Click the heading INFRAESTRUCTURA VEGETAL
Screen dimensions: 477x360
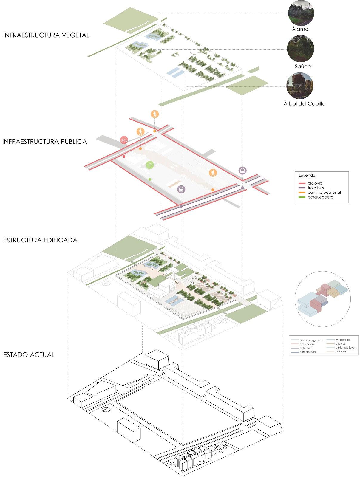(x=46, y=35)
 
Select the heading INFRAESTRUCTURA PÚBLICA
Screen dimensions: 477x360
(x=45, y=141)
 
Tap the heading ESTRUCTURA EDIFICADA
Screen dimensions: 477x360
(x=40, y=240)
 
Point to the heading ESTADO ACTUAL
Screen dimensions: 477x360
(x=29, y=355)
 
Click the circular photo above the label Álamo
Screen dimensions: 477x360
(x=301, y=13)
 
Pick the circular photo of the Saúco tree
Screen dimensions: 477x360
(x=300, y=49)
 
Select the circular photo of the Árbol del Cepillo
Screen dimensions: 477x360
(x=300, y=86)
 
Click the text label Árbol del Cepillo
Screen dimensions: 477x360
(x=304, y=104)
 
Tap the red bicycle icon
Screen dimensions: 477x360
(x=124, y=140)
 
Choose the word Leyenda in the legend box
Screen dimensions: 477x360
(x=307, y=176)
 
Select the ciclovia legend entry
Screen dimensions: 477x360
(x=315, y=183)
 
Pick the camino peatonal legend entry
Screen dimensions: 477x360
(x=324, y=193)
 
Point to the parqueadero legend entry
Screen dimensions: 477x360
(x=320, y=197)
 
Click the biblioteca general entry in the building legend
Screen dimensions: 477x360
(x=311, y=340)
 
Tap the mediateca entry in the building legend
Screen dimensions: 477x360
(x=342, y=340)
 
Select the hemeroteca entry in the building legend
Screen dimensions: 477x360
(x=308, y=352)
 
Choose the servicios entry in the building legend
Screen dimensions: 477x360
(x=341, y=352)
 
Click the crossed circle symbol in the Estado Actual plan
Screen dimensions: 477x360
(x=106, y=410)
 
